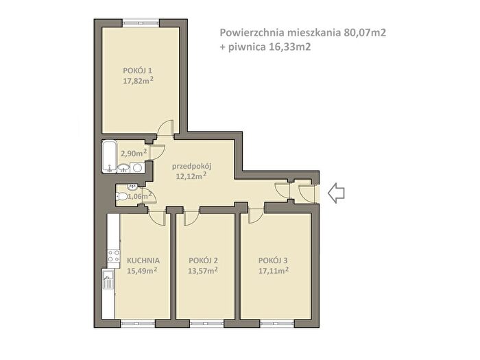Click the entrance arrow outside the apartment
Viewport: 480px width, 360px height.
click(336, 193)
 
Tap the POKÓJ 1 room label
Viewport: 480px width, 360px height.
click(137, 71)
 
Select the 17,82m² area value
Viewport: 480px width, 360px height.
click(138, 81)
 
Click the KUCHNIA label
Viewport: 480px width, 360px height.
click(143, 261)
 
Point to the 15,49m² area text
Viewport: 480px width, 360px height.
click(143, 271)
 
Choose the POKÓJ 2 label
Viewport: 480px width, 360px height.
click(203, 261)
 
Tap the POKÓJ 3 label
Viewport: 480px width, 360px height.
click(273, 261)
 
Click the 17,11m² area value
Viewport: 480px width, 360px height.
click(274, 271)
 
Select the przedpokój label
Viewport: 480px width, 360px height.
click(191, 167)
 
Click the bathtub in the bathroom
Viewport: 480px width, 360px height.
click(109, 156)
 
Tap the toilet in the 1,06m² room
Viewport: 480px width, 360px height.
click(122, 196)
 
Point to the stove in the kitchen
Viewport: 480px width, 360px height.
click(114, 256)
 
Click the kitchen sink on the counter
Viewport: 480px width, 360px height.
click(108, 280)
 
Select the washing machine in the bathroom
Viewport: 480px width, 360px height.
click(136, 167)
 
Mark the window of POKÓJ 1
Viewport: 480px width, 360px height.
click(141, 23)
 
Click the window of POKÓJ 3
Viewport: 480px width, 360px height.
click(277, 324)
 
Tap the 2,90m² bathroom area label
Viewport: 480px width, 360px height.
click(134, 153)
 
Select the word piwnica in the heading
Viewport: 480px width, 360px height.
click(248, 47)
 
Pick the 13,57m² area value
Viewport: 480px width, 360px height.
click(203, 271)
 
